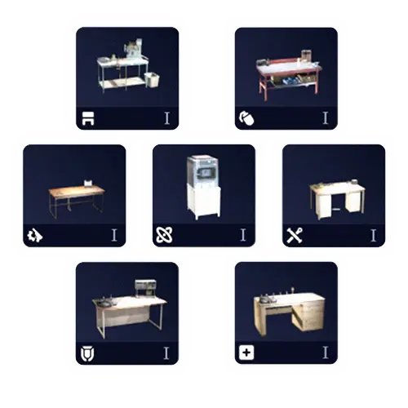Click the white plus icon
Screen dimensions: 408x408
coord(246,353)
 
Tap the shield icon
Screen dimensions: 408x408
coord(87,354)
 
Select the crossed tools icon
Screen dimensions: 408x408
coord(295,235)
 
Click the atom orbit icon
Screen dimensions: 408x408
coord(164,235)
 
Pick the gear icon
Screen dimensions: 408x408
coord(35,235)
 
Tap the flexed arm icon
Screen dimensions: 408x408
coord(246,118)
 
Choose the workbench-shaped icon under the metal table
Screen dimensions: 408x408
coord(88,118)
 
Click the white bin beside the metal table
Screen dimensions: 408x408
coord(152,80)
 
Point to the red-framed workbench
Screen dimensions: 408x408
coord(289,75)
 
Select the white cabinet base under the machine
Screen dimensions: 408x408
coord(204,202)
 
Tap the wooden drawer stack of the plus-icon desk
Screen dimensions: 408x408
coord(313,314)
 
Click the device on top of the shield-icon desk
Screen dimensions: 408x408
coord(145,288)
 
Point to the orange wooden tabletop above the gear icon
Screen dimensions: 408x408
coord(77,191)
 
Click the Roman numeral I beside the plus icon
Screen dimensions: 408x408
coord(326,353)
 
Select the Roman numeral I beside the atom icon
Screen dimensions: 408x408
coord(243,235)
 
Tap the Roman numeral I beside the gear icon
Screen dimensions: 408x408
coord(114,235)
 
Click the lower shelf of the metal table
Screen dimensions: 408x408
coord(123,83)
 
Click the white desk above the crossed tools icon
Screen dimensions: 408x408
coord(337,199)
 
